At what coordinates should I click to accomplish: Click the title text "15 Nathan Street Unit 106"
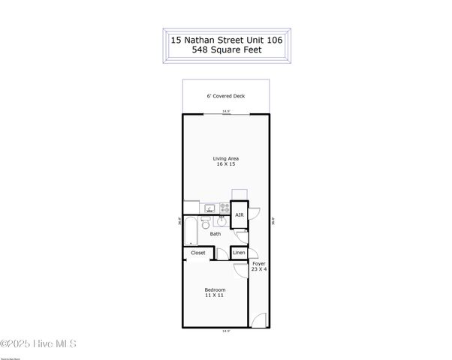click(226, 40)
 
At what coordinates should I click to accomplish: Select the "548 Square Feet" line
click(226, 52)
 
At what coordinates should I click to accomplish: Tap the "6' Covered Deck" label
click(226, 96)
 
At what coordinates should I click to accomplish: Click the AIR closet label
click(239, 215)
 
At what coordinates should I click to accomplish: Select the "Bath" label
click(215, 234)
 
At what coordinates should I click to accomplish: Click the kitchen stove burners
click(224, 208)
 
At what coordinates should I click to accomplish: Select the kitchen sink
click(208, 208)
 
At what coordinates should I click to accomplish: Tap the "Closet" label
click(198, 253)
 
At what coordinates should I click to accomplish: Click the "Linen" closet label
click(239, 253)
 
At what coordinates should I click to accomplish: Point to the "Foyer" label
click(259, 263)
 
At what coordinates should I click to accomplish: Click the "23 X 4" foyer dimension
click(259, 269)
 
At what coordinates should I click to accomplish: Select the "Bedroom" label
click(215, 289)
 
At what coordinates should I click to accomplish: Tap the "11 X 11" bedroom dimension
click(215, 295)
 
